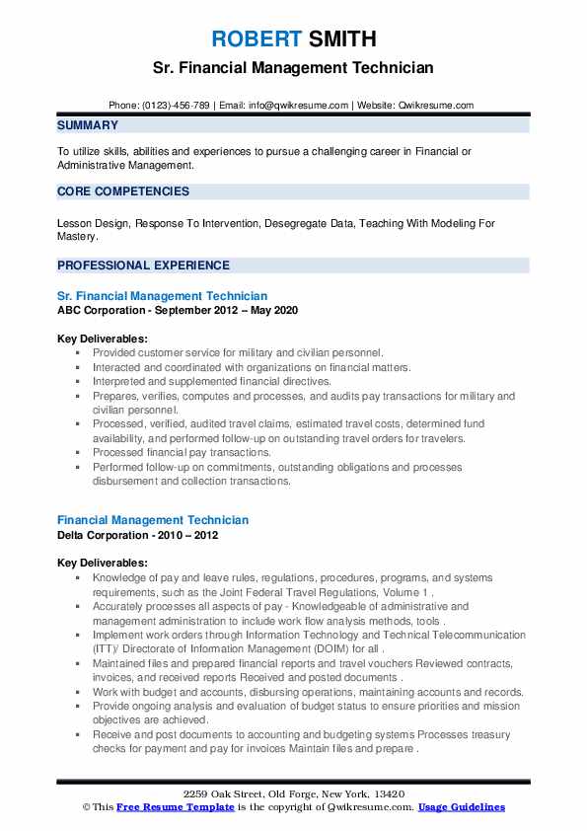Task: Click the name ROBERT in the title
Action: pos(256,39)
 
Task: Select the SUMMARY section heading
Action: pos(88,125)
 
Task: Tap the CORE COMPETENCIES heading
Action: pos(123,191)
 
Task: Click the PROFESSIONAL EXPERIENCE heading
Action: pos(143,264)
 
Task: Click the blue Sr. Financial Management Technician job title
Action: pos(162,296)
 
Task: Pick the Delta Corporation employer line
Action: pos(138,534)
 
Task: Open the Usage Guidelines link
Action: pos(461,807)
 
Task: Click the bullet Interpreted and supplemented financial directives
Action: pos(212,381)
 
